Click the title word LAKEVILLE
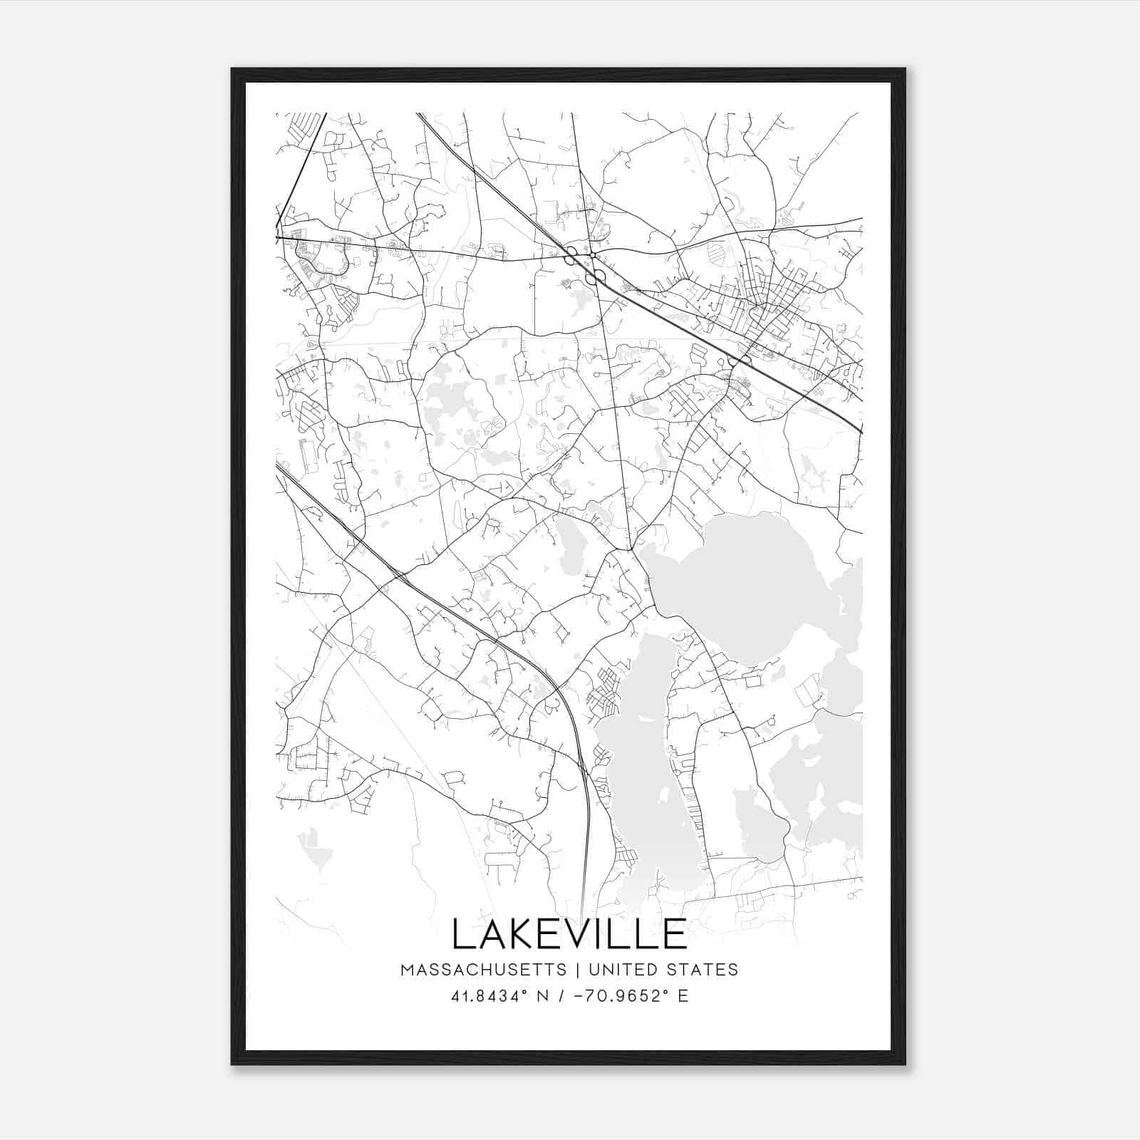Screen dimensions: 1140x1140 pyautogui.click(x=569, y=934)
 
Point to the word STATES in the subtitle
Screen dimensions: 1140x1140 pyautogui.click(x=703, y=969)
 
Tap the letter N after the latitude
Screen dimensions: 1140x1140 pyautogui.click(x=543, y=996)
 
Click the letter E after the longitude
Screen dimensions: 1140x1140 pyautogui.click(x=683, y=996)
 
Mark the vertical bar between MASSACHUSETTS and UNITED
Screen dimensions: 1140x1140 pyautogui.click(x=573, y=969)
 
